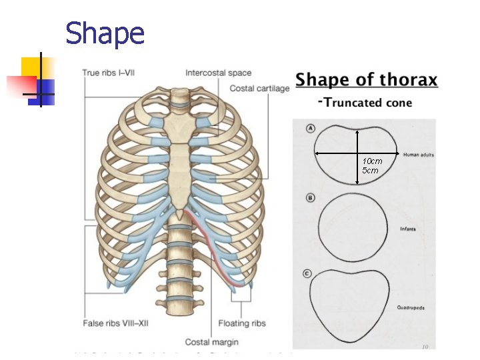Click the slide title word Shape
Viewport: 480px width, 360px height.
tap(105, 33)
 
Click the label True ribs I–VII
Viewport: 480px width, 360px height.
tap(110, 72)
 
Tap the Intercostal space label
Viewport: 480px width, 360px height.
tap(218, 73)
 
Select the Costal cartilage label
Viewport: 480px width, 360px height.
tap(259, 88)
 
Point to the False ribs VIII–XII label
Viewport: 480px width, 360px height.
tap(117, 323)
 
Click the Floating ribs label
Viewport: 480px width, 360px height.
tap(242, 323)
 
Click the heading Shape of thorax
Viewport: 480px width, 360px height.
tap(367, 81)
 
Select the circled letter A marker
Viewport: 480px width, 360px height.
tap(311, 129)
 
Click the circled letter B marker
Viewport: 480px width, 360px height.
tap(311, 198)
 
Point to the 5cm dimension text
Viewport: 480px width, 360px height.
tap(370, 171)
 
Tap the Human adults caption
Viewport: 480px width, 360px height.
tap(419, 155)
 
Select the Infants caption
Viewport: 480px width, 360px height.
tap(408, 229)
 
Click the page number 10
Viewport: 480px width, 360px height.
tap(425, 346)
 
